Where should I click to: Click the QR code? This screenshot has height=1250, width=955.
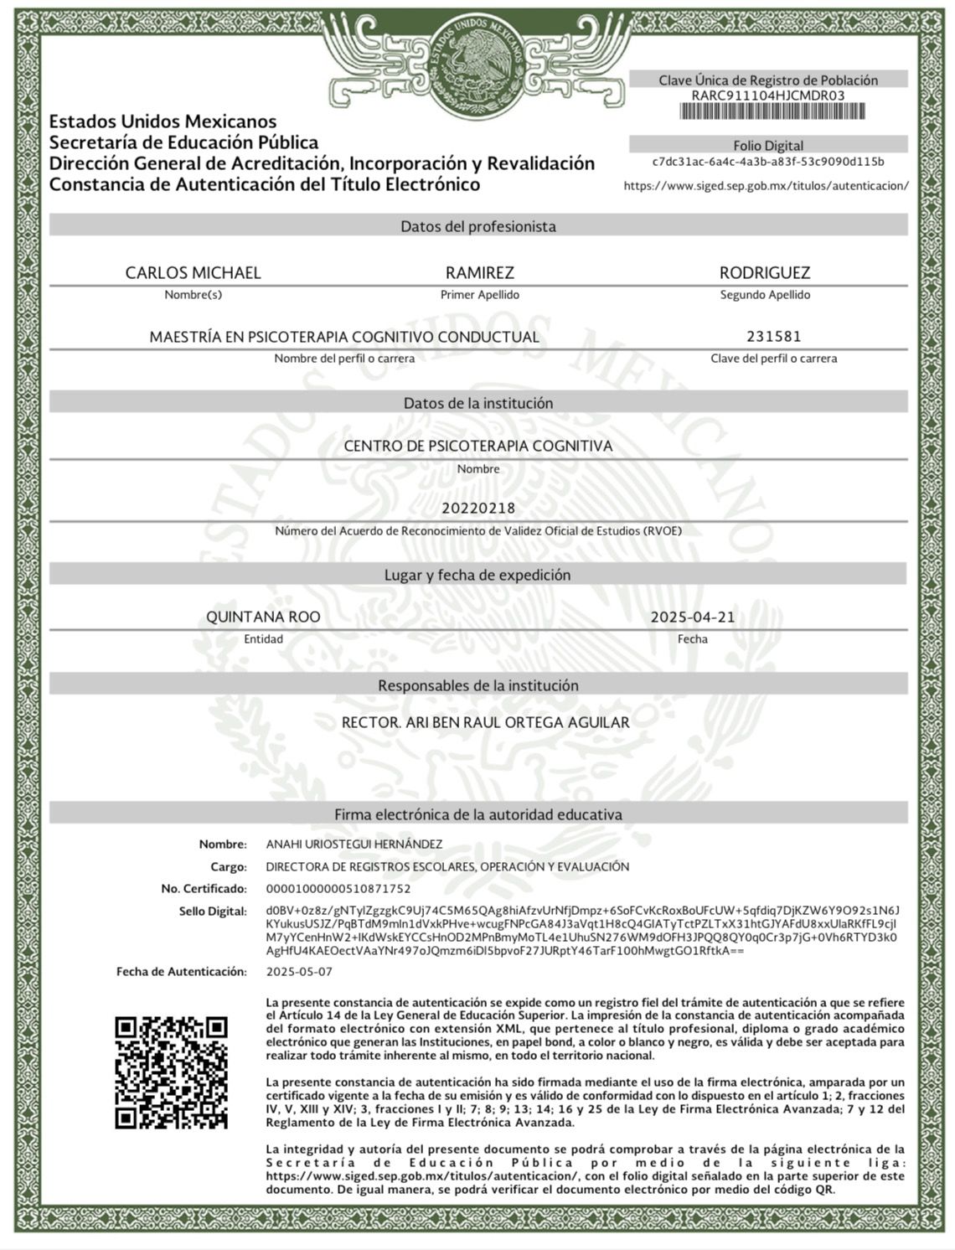pyautogui.click(x=171, y=1072)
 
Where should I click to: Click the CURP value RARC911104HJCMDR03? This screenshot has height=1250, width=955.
pyautogui.click(x=768, y=96)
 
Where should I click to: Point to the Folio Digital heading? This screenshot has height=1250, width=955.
pyautogui.click(x=768, y=145)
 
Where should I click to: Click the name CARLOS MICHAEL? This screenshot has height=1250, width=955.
pyautogui.click(x=193, y=272)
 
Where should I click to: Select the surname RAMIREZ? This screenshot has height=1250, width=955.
pyautogui.click(x=479, y=272)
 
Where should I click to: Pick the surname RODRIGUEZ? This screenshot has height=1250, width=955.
pyautogui.click(x=765, y=272)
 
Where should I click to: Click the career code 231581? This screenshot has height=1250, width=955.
pyautogui.click(x=773, y=336)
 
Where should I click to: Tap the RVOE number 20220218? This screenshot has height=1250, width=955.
pyautogui.click(x=478, y=508)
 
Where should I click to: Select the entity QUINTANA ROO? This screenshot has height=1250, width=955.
pyautogui.click(x=263, y=617)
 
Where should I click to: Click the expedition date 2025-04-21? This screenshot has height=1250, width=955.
pyautogui.click(x=693, y=617)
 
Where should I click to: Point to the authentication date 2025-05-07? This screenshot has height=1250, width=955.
pyautogui.click(x=299, y=972)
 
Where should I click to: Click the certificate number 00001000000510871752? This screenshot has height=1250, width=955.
pyautogui.click(x=338, y=888)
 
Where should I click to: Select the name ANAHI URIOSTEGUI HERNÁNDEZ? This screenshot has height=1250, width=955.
pyautogui.click(x=354, y=845)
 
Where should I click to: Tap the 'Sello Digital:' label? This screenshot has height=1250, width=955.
pyautogui.click(x=213, y=912)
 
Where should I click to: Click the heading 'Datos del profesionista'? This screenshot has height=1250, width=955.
pyautogui.click(x=478, y=226)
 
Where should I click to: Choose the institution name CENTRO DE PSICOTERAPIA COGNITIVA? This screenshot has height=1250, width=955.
pyautogui.click(x=478, y=446)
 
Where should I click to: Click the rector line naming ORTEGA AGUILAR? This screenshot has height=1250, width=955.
pyautogui.click(x=485, y=722)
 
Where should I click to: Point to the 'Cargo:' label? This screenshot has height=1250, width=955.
pyautogui.click(x=228, y=867)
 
